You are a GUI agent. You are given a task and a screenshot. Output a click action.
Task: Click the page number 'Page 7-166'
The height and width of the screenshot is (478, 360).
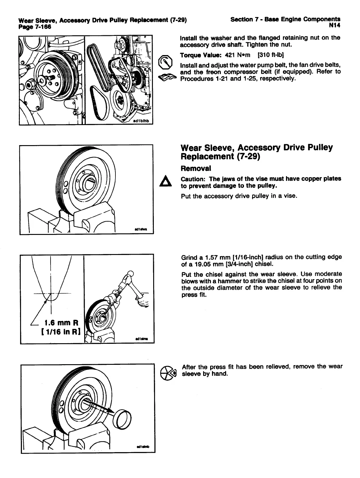pyautogui.click(x=35, y=27)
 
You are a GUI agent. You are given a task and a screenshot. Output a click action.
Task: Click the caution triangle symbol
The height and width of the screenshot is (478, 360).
pyautogui.click(x=165, y=182)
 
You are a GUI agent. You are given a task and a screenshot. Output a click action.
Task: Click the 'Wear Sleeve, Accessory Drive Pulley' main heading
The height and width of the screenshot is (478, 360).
pyautogui.click(x=256, y=148)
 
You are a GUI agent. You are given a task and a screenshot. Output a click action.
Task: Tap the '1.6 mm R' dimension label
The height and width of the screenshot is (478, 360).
pyautogui.click(x=62, y=323)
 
